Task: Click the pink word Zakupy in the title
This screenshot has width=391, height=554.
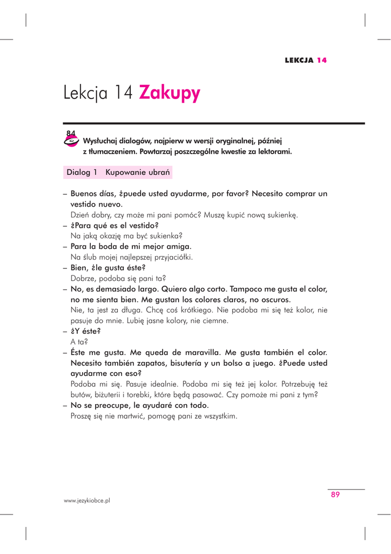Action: point(170,93)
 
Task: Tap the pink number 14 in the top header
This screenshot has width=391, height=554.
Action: point(322,60)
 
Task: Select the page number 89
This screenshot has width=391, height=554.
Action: point(335,494)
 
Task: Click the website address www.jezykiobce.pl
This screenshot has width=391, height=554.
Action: point(87,501)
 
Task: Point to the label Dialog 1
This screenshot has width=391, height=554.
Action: point(82,173)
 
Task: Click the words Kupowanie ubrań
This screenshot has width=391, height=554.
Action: point(138,173)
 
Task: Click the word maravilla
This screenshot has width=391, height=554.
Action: point(200,352)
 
